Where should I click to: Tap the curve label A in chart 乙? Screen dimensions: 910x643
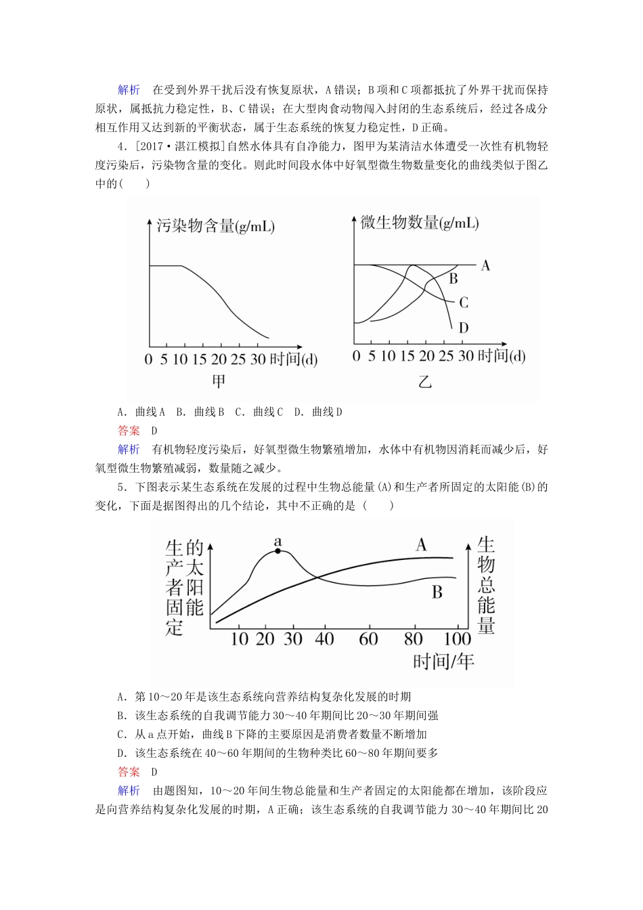click(x=485, y=265)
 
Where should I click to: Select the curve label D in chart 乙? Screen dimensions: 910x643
click(x=464, y=328)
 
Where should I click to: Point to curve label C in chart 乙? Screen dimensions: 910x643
click(x=464, y=303)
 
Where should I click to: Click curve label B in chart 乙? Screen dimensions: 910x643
click(x=453, y=278)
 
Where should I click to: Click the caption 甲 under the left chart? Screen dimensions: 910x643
click(x=219, y=381)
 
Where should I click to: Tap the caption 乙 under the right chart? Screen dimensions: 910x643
click(x=424, y=382)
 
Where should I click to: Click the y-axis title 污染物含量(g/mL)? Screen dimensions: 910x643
click(x=215, y=226)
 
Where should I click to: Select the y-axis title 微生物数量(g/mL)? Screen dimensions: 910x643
click(x=420, y=223)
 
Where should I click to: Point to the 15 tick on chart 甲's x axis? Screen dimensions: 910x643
click(x=199, y=359)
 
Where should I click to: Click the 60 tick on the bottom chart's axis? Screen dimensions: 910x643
click(x=368, y=638)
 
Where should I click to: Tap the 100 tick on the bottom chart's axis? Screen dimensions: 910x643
click(x=458, y=638)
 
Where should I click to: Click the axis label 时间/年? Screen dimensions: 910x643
click(x=443, y=661)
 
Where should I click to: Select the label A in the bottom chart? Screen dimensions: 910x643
click(x=421, y=544)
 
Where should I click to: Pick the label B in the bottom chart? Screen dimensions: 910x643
click(x=437, y=592)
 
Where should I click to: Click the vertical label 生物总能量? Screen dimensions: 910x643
click(x=486, y=585)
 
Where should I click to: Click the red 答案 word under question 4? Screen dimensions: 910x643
click(x=129, y=430)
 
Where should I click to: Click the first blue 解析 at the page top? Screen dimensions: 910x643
click(x=129, y=90)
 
